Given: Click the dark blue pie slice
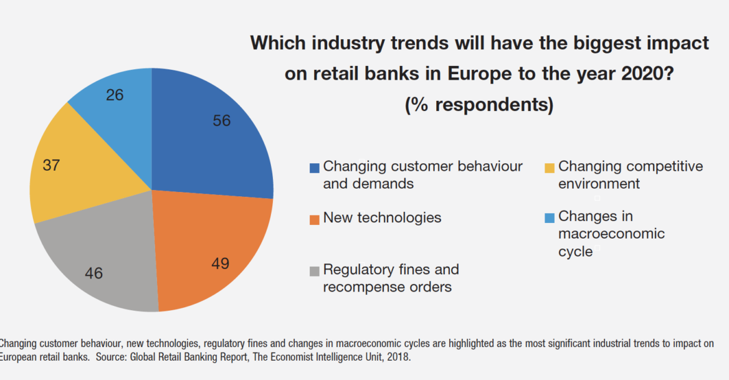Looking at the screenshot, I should coord(206,143).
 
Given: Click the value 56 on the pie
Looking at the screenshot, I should coord(222,121).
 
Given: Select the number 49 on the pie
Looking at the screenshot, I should coord(220,264).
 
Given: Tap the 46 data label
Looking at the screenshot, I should coord(94,273).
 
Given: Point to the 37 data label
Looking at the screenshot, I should coord(51,165).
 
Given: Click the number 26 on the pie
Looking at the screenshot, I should coord(115,95).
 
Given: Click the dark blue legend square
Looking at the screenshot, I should coord(315,168).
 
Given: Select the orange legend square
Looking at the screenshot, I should coord(315,219).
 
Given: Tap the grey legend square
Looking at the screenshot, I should coord(315,271).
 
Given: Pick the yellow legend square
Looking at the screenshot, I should coord(550,168).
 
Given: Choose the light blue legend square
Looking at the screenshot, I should coord(550,217).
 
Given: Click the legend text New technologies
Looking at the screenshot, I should coord(382,218).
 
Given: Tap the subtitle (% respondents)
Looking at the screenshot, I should coord(479,105).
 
